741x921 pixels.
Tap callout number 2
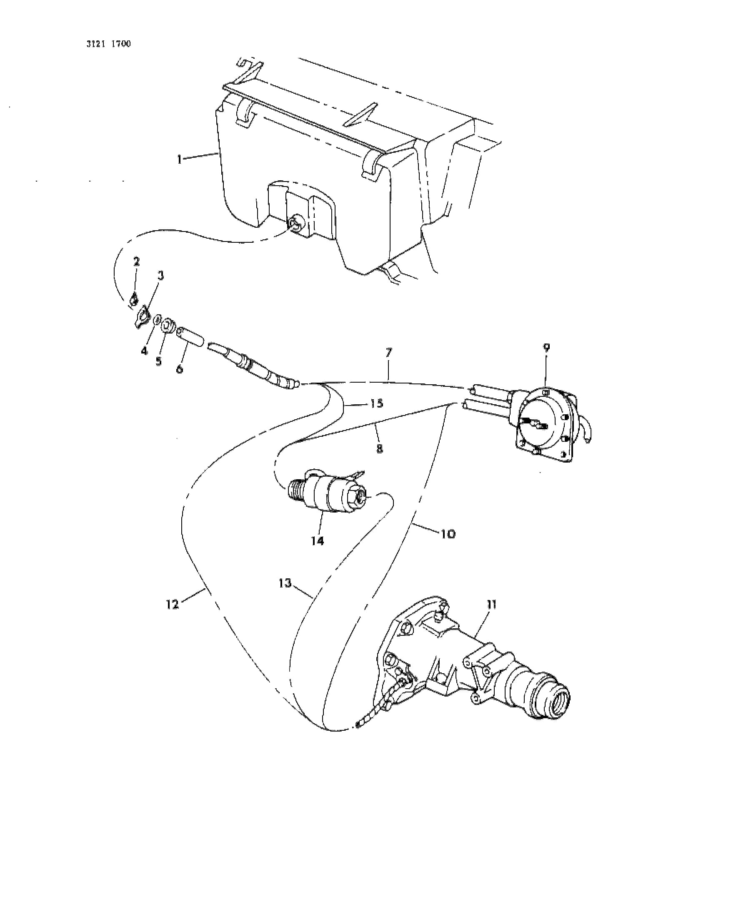coord(136,261)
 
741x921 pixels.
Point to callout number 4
coord(144,351)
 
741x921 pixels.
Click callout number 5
coord(159,361)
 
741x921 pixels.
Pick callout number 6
coord(180,368)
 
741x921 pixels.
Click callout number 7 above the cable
coord(389,353)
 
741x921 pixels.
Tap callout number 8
coord(380,448)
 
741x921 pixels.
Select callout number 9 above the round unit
coord(546,347)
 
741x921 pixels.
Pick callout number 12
coord(173,605)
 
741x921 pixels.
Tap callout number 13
coord(285,583)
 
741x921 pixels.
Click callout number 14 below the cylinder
coord(317,540)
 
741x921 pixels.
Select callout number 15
coord(376,403)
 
